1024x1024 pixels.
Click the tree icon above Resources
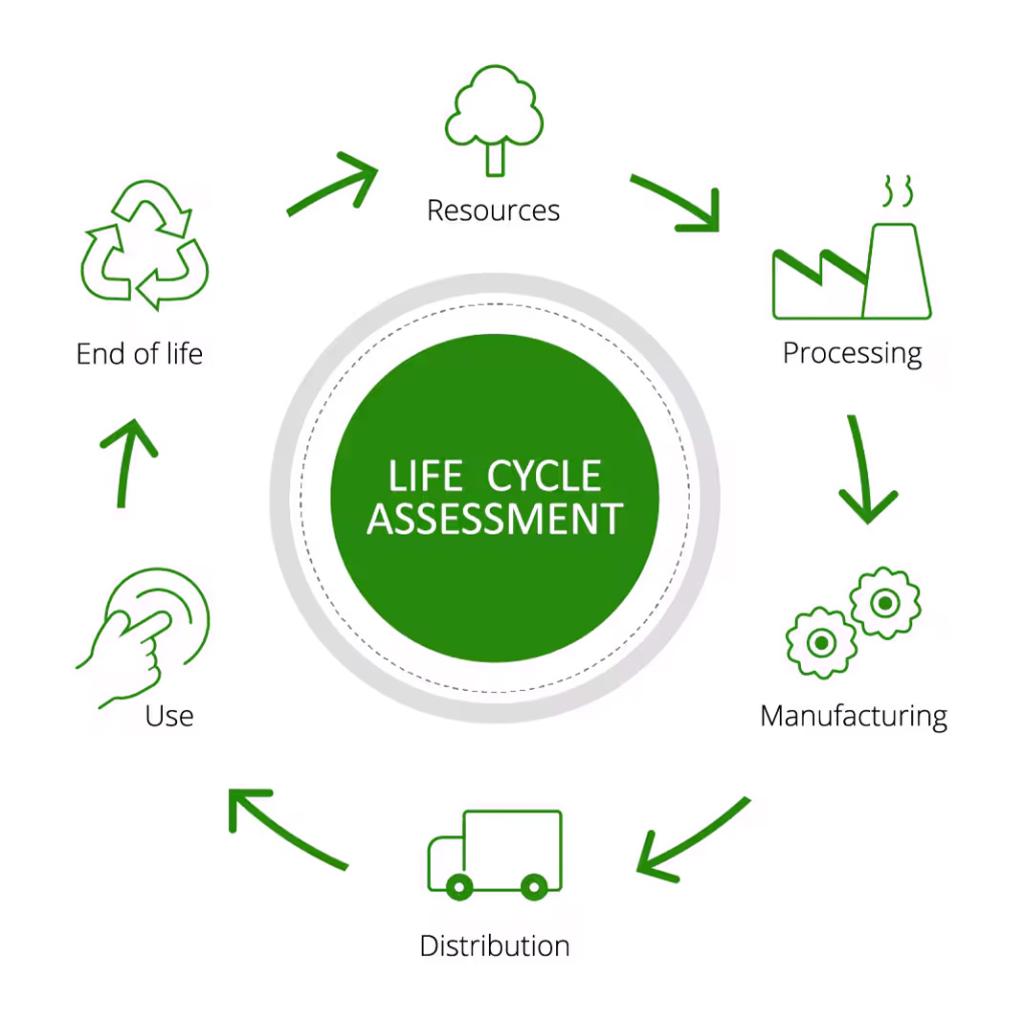[x=494, y=120]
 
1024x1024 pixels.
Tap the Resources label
[x=493, y=210]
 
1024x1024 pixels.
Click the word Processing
[x=852, y=354]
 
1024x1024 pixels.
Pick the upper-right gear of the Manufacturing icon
[x=886, y=603]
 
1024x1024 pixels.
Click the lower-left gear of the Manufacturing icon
[x=822, y=643]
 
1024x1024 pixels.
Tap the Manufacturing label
[x=854, y=716]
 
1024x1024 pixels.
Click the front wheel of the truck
[x=459, y=887]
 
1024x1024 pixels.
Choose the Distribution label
[x=494, y=946]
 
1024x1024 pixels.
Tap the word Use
[x=169, y=716]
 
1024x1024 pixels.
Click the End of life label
[x=139, y=354]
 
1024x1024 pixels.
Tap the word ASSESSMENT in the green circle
[x=494, y=519]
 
